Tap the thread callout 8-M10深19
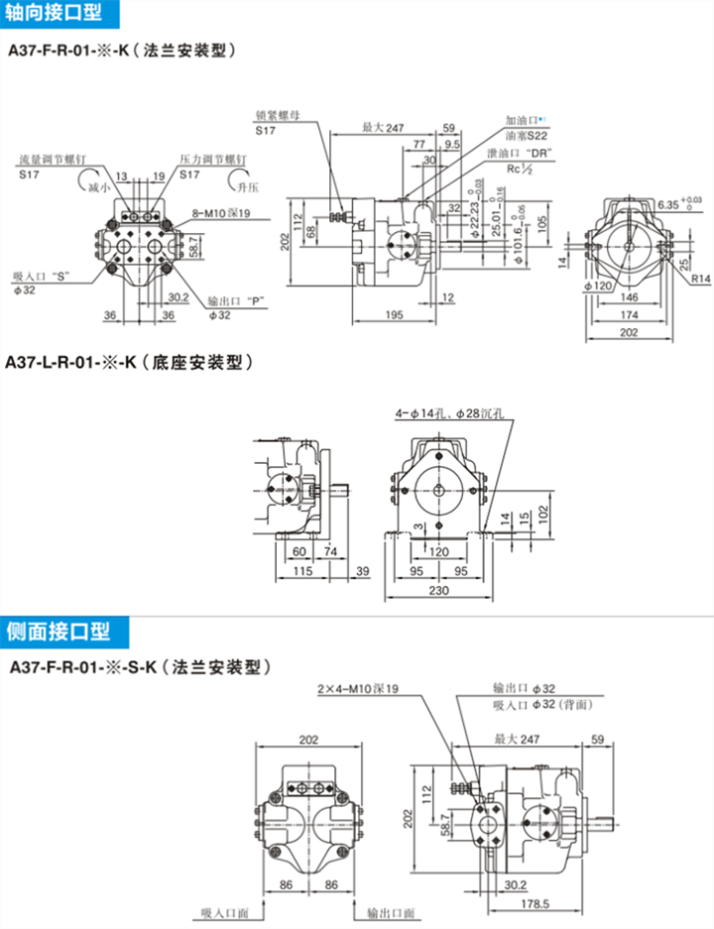tap(220, 212)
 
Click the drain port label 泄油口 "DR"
tap(519, 154)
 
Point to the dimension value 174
tap(630, 314)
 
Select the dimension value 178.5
tap(535, 904)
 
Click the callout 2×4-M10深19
tap(357, 689)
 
